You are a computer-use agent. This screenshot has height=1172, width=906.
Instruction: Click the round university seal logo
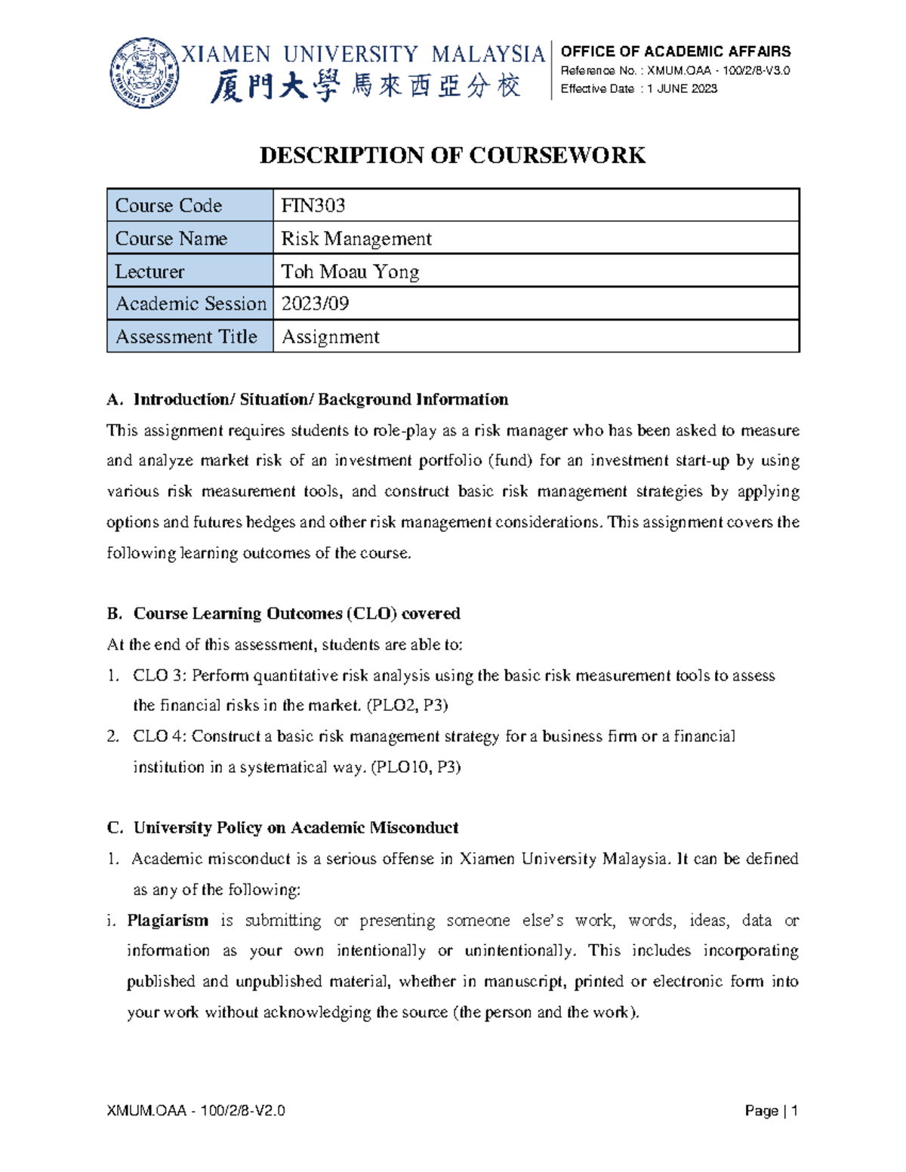[x=145, y=72]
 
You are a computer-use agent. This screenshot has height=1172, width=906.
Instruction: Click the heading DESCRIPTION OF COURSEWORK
[x=452, y=155]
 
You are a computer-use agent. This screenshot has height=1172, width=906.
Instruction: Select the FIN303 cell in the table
[x=313, y=205]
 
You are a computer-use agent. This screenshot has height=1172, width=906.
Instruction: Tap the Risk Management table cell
[x=356, y=238]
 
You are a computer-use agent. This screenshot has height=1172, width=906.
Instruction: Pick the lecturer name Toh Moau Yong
[x=350, y=271]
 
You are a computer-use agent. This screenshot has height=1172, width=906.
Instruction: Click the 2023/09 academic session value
[x=315, y=303]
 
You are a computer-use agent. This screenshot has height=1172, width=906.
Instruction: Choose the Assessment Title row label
[x=186, y=337]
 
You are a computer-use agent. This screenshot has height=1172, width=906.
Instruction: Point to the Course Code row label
[x=168, y=205]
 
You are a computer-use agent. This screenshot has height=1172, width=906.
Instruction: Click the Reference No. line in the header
[x=675, y=71]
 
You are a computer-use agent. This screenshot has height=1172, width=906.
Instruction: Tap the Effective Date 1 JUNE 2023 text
[x=639, y=89]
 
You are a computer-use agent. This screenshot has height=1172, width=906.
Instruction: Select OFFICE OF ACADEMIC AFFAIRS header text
[x=675, y=51]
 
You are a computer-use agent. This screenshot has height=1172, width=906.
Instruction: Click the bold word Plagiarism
[x=168, y=921]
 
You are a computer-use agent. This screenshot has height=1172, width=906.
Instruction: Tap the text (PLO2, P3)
[x=407, y=706]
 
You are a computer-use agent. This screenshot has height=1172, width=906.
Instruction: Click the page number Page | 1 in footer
[x=771, y=1111]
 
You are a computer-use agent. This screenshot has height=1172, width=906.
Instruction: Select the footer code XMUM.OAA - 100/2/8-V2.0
[x=196, y=1111]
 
